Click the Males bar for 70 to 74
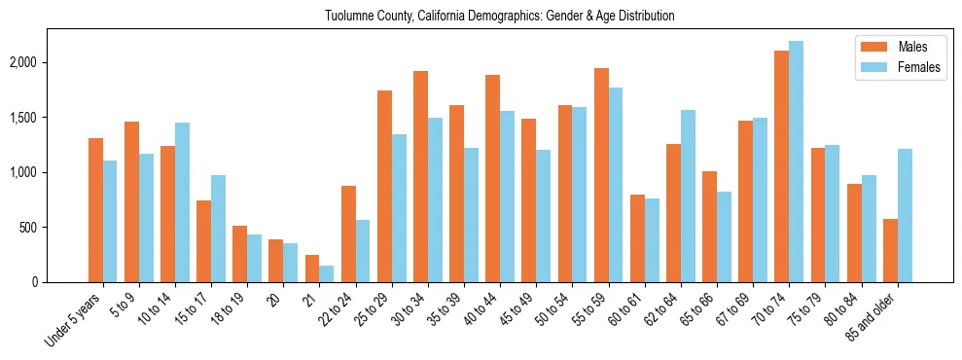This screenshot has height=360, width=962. pos(781,166)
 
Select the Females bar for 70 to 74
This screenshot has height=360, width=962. pos(796,162)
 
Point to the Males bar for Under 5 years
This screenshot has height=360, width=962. pos(95,210)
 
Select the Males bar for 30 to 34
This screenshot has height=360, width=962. pos(420,176)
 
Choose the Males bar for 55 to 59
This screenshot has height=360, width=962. pos(601,175)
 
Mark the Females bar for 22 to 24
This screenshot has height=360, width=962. pos(363,251)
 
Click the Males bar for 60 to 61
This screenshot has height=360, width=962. pos(637,238)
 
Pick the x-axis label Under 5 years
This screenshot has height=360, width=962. pos(74,319)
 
